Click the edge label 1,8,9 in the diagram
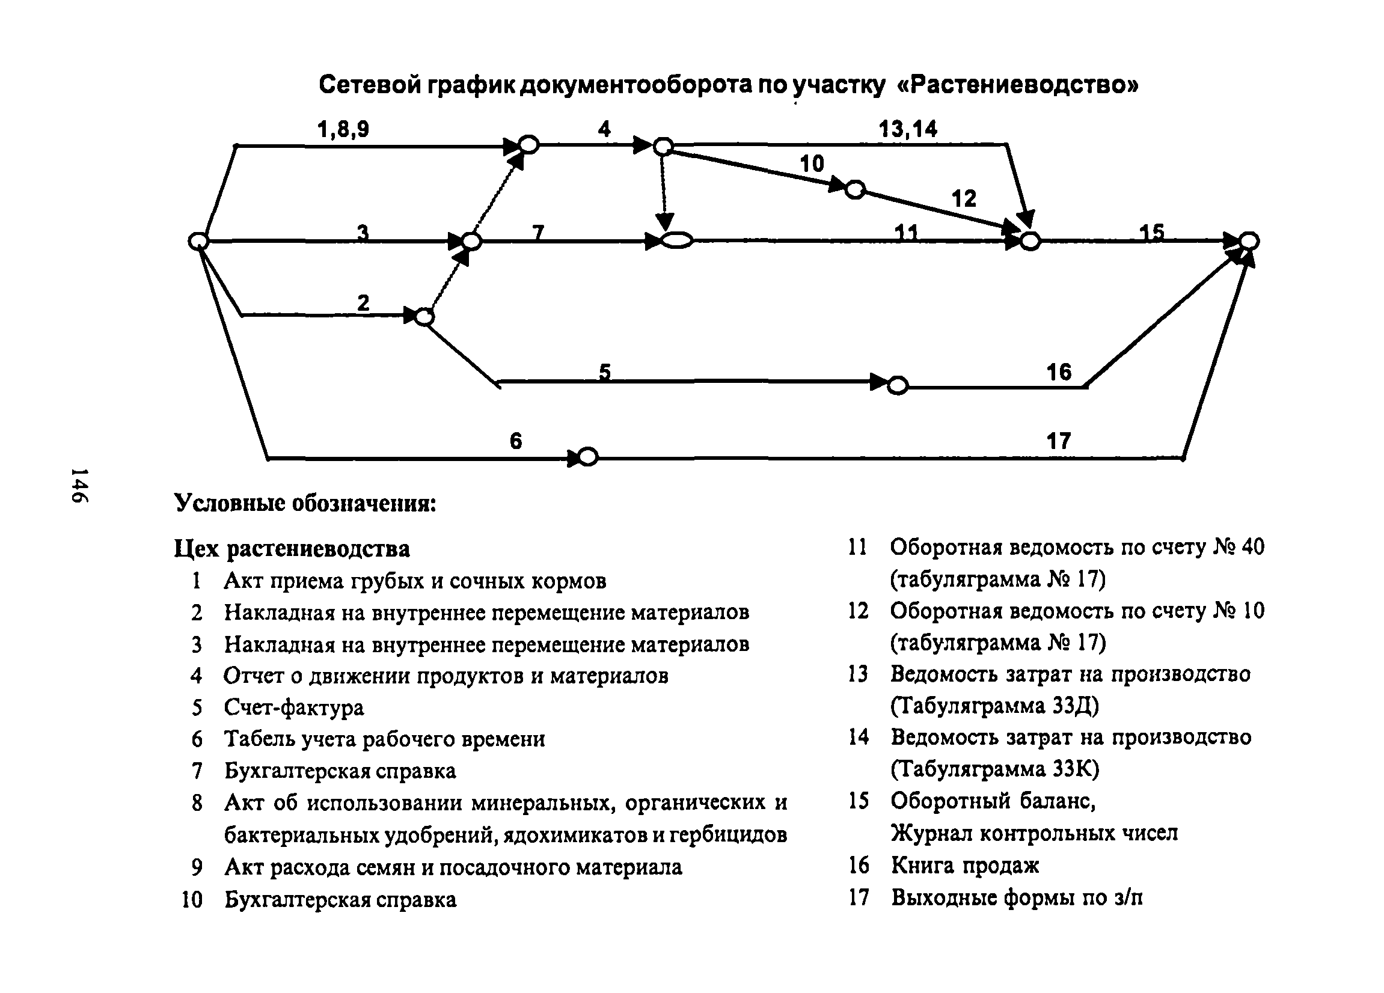[x=343, y=129]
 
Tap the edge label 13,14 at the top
[x=908, y=129]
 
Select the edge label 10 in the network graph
[x=812, y=163]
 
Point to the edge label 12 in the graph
[x=964, y=198]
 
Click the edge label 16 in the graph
[x=1059, y=371]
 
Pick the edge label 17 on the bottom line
[x=1059, y=441]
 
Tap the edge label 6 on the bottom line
[x=516, y=441]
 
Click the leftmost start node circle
[x=198, y=242]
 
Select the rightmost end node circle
[x=1249, y=241]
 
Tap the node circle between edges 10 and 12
[x=855, y=190]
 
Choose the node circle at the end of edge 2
[x=424, y=317]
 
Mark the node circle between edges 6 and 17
[x=587, y=457]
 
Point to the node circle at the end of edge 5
[x=898, y=385]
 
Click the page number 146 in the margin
[x=79, y=486]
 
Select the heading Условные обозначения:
[x=305, y=503]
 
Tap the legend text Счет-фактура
[x=293, y=707]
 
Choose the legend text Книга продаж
[x=965, y=865]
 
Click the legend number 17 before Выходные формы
[x=858, y=897]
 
